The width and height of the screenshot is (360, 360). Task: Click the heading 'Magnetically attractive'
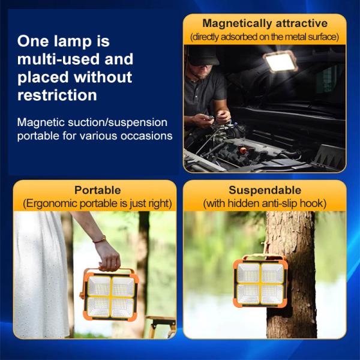pos(265,23)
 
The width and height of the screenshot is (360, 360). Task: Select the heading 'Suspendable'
pos(265,190)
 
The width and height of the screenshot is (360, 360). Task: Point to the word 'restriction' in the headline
pos(57,95)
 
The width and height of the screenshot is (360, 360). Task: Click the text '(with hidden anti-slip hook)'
pos(265,203)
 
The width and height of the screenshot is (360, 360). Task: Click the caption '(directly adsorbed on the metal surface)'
pos(265,37)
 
